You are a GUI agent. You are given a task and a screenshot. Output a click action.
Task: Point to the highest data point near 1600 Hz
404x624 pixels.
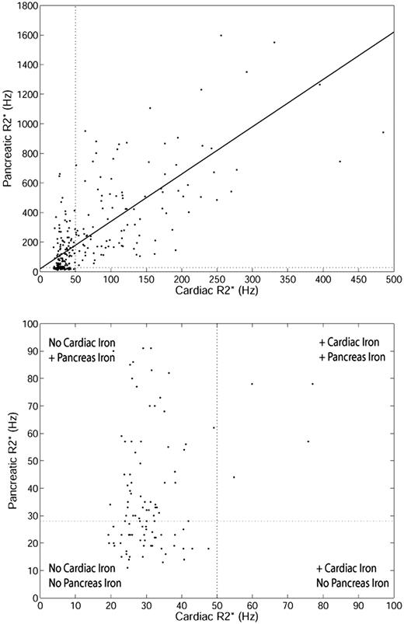click(221, 35)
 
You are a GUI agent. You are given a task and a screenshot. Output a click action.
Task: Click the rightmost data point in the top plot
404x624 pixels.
click(383, 132)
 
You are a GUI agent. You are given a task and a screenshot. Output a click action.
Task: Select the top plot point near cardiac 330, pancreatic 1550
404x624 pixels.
click(274, 42)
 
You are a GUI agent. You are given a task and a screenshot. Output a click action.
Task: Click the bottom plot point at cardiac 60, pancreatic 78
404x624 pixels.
click(252, 383)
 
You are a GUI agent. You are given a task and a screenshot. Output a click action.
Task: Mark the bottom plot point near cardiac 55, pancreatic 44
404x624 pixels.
click(234, 477)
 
